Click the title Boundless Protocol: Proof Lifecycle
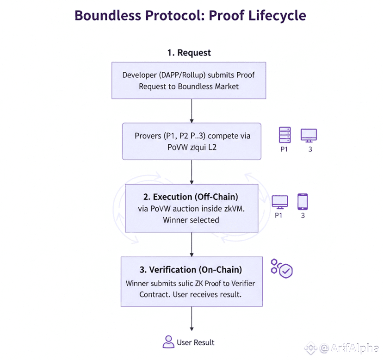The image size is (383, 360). (190, 15)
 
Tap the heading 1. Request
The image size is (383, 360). (189, 53)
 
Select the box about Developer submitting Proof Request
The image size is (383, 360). (189, 81)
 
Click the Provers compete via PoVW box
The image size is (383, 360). (191, 141)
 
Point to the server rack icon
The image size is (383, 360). (285, 135)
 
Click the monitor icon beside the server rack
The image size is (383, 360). (309, 135)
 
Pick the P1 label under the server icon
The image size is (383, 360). (284, 149)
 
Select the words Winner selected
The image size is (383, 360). (191, 220)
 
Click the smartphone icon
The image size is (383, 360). (303, 202)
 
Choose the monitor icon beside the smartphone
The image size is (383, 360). (279, 202)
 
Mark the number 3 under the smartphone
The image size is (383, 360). (303, 216)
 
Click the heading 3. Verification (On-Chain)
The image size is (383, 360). (191, 269)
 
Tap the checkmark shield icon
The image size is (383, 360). (285, 271)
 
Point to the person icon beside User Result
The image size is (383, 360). (168, 342)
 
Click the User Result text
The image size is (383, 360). (196, 342)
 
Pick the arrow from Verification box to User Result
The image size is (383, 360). (191, 319)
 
